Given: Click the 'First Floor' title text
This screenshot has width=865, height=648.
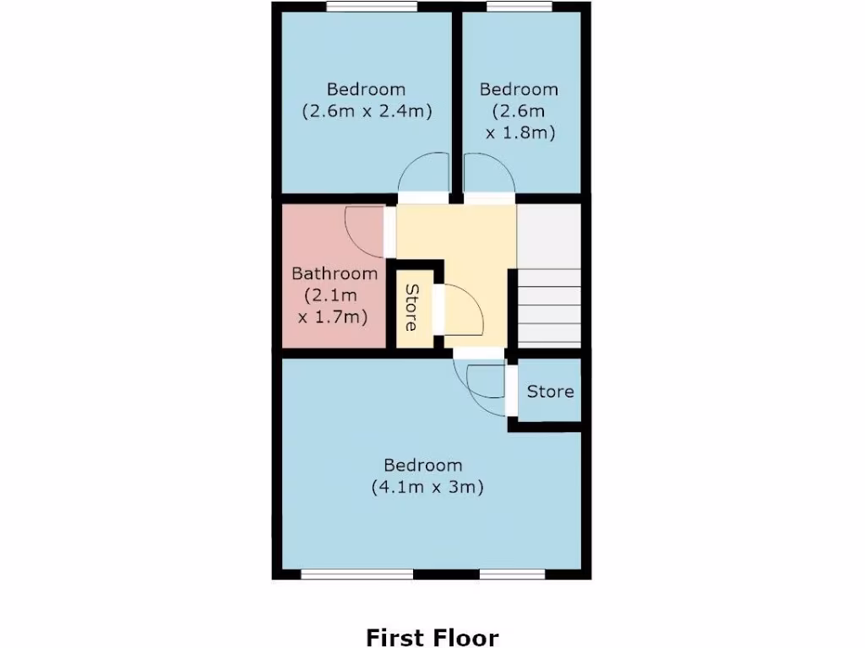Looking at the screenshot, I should point(432,637).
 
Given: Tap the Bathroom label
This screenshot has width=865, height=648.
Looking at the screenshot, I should point(335,273).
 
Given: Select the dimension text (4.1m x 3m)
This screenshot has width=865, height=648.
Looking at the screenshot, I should point(427,487).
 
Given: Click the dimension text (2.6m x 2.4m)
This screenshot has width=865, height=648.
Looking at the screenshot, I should point(367,111).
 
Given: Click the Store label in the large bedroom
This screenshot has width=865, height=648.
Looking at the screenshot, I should point(550,391).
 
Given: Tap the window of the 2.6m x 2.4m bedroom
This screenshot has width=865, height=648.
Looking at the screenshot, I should point(372,8).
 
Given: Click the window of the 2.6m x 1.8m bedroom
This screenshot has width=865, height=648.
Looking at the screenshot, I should point(519,8).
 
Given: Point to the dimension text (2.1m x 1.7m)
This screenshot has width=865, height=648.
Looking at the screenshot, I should point(335,305).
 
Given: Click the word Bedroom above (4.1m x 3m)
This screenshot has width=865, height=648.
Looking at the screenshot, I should point(423,465).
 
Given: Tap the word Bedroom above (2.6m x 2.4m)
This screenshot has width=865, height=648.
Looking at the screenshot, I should point(367,89).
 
